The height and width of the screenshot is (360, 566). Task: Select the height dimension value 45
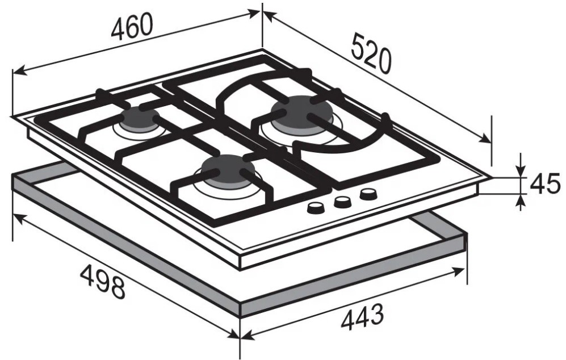tap(546, 184)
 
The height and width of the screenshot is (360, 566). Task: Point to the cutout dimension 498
tap(103, 282)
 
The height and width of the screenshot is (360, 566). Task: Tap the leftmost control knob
tap(316, 208)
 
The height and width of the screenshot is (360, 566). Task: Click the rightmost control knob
tap(367, 195)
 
